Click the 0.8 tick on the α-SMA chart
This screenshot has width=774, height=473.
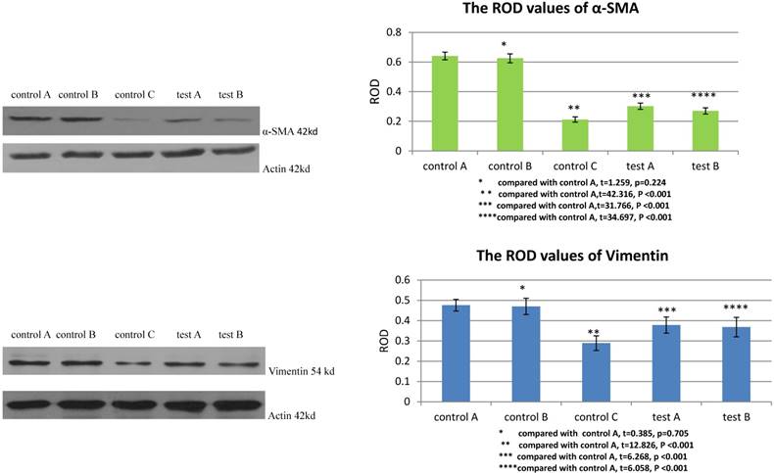point(393,32)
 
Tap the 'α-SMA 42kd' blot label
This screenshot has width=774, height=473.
point(286,129)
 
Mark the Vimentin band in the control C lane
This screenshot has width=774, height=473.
point(134,363)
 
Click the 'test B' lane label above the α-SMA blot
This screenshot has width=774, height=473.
point(232,95)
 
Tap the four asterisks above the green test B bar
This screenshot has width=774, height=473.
point(703,96)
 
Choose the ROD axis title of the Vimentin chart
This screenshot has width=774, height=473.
point(383,340)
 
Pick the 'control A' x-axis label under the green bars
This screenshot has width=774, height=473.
point(445,166)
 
